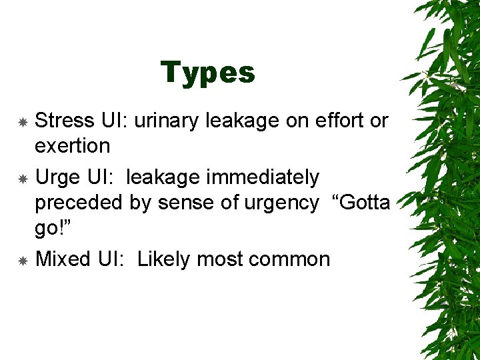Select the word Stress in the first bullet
click(64, 121)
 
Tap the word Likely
click(163, 259)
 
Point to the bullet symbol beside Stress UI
click(22, 122)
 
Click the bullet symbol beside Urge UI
click(22, 179)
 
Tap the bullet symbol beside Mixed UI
click(22, 261)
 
